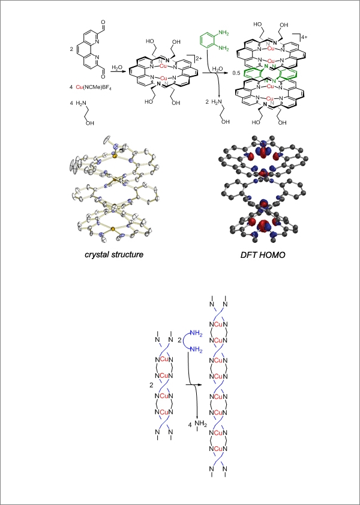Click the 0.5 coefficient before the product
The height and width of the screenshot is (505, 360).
[x=236, y=73]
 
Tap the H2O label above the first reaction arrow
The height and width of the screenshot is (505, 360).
[x=116, y=67]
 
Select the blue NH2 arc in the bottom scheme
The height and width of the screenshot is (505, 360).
[x=187, y=344]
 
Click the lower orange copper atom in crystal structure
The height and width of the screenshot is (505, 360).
[x=113, y=229]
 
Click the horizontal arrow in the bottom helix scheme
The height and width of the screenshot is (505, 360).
[x=192, y=384]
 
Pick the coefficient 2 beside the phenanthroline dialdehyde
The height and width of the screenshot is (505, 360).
[x=71, y=49]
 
